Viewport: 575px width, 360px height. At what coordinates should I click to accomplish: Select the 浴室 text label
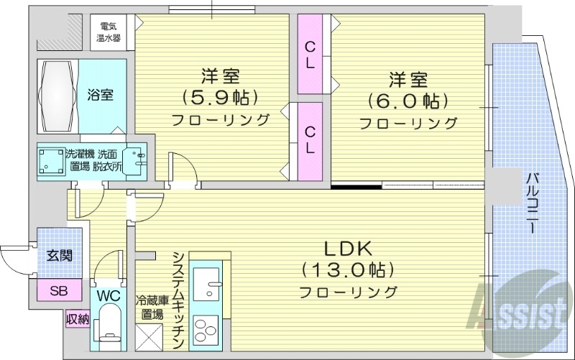tap(100, 95)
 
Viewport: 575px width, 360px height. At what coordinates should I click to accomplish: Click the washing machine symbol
tap(50, 162)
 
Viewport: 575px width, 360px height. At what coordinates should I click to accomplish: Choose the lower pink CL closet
tap(310, 141)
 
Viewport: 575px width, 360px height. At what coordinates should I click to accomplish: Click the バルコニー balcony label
tap(532, 202)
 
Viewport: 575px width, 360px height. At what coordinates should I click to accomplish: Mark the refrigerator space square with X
tap(150, 337)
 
